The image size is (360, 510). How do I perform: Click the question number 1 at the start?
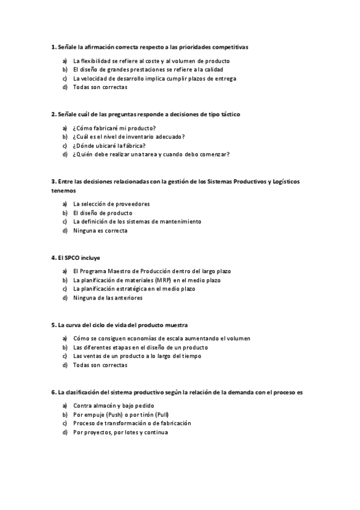pyautogui.click(x=53, y=46)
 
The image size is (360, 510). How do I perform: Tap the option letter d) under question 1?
pyautogui.click(x=64, y=87)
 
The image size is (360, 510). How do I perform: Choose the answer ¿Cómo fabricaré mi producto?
pyautogui.click(x=114, y=128)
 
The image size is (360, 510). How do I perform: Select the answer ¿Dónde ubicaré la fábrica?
pyautogui.click(x=109, y=146)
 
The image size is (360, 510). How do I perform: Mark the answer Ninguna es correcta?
pyautogui.click(x=100, y=230)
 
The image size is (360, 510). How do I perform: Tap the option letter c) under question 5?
pyautogui.click(x=64, y=356)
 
